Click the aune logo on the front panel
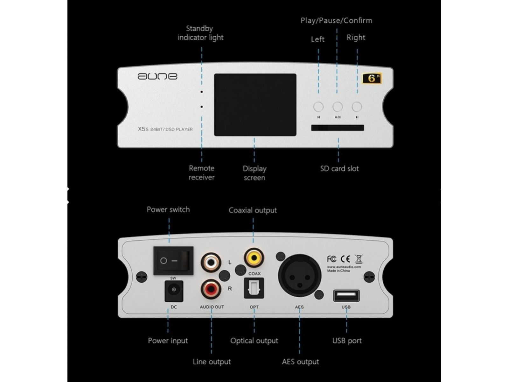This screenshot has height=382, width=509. (x=157, y=76)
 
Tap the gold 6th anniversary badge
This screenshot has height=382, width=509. (x=372, y=78)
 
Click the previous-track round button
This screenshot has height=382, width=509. (x=318, y=107)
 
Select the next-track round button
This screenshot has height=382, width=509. (x=357, y=107)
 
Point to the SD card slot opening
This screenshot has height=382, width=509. (x=338, y=128)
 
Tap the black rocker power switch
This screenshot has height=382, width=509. (x=173, y=261)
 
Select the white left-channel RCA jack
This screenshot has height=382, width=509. (x=211, y=262)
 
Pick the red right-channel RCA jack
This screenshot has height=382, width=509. (x=211, y=289)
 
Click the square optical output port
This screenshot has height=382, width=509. (x=254, y=288)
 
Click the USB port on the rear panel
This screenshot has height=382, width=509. (x=346, y=296)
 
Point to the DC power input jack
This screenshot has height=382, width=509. (x=174, y=290)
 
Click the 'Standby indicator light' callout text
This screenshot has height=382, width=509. (x=200, y=33)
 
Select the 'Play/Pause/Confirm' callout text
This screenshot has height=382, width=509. (x=336, y=21)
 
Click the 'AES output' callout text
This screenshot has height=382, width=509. (x=300, y=362)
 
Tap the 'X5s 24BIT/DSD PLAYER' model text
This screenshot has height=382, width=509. (x=165, y=129)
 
